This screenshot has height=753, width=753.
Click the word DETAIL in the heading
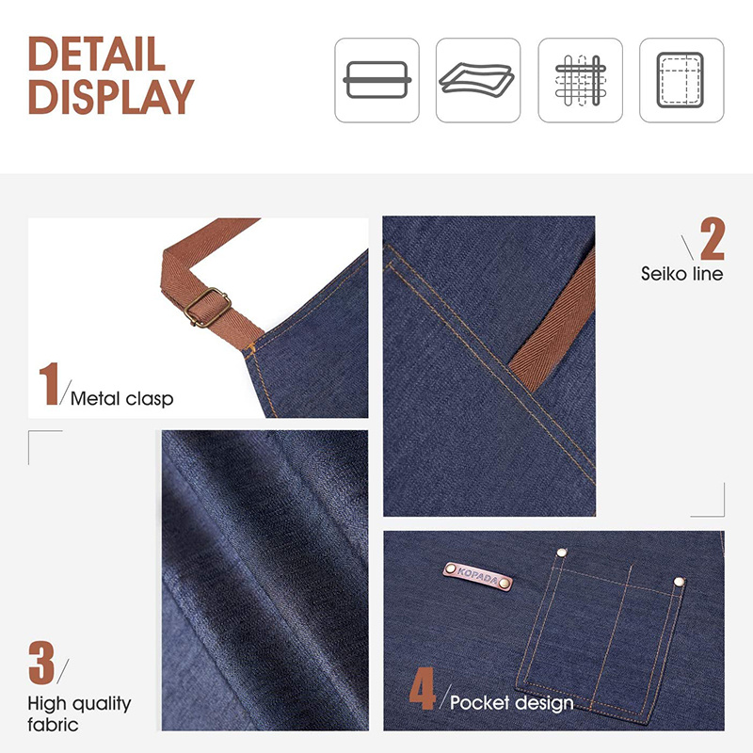tap(97, 54)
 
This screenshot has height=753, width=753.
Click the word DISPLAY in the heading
tap(111, 97)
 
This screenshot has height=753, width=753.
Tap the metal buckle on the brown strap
tap(207, 308)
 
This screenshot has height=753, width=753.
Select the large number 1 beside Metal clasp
tap(49, 384)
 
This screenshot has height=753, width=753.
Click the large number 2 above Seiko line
tap(713, 239)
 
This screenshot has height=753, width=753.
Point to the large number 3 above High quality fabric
tap(41, 663)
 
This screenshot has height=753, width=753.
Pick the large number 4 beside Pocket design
tap(422, 688)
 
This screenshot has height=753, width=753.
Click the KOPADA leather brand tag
tap(478, 575)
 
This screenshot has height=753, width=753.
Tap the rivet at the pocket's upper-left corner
tap(561, 553)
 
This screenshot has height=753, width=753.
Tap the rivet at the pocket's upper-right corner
tap(679, 583)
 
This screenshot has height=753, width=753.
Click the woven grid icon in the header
tap(580, 80)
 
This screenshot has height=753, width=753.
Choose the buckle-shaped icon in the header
tap(377, 80)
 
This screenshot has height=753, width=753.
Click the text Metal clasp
tap(122, 399)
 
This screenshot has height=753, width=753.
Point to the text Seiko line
tap(681, 274)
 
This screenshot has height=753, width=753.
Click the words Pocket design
tap(512, 703)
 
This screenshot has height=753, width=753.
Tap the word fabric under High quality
tap(53, 725)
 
